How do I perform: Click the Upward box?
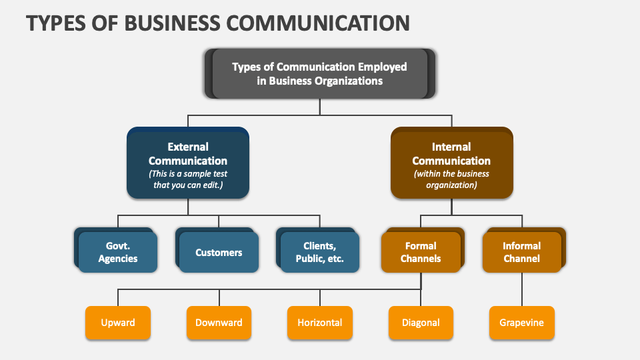[x=118, y=323]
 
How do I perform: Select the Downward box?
[x=219, y=323]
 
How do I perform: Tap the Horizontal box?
[x=320, y=323]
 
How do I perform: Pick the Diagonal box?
[x=421, y=323]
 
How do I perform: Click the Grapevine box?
[x=521, y=323]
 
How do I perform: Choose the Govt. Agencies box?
[x=118, y=252]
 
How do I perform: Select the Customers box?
[x=219, y=253]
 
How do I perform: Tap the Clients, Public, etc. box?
[x=320, y=252]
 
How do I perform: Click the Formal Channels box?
[x=421, y=252]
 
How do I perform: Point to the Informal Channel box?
[x=521, y=252]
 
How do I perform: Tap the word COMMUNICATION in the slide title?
[x=317, y=23]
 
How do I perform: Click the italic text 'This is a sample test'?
[x=188, y=174]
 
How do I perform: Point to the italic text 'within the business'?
[x=451, y=174]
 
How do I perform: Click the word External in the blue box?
[x=188, y=147]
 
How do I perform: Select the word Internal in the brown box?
[x=451, y=147]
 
